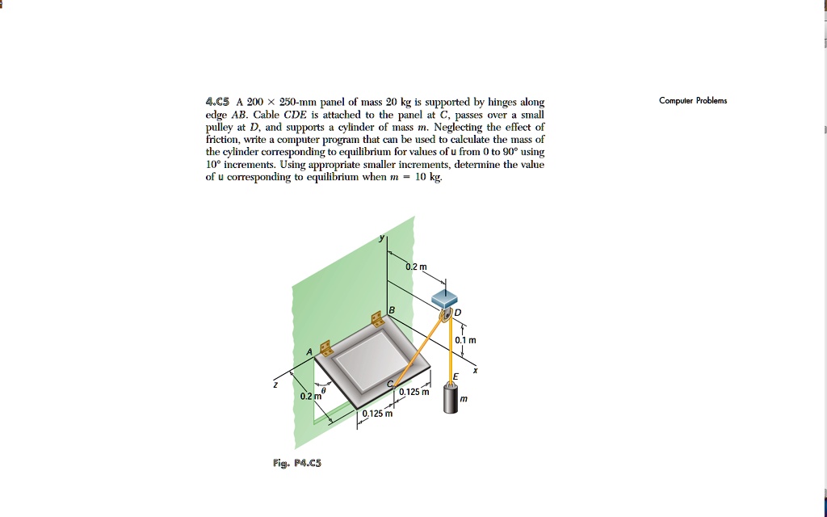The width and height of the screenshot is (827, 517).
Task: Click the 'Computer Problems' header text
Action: [x=692, y=101]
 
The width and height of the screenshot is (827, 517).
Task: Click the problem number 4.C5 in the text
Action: [x=217, y=102]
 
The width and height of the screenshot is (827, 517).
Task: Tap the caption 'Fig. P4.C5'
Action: [x=297, y=463]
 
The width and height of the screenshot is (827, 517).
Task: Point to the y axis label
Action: [x=383, y=237]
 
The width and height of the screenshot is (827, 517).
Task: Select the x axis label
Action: [x=475, y=371]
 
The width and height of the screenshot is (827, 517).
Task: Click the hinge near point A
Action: [x=326, y=347]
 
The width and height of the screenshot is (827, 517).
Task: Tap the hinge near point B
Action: [x=377, y=319]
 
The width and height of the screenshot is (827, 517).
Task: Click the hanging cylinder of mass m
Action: [x=451, y=398]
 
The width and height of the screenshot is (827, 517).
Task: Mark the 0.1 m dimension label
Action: [x=465, y=340]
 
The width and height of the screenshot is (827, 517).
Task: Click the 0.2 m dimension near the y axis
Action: [x=417, y=267]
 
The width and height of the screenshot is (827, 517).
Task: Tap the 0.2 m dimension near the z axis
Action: [x=310, y=396]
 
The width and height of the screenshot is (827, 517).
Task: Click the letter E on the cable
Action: [x=455, y=376]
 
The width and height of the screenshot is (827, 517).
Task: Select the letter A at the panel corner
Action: [x=309, y=352]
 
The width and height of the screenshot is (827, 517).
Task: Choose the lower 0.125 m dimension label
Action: [x=377, y=414]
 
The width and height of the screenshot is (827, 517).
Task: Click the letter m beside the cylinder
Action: [x=463, y=399]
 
